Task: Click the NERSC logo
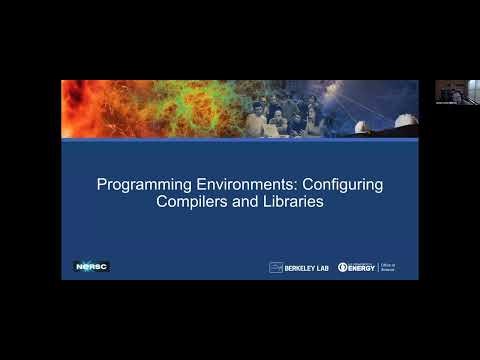click(91, 266)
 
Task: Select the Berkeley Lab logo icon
click(276, 267)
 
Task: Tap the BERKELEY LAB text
click(305, 267)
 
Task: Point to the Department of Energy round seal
click(342, 267)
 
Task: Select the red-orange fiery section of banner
click(95, 108)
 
